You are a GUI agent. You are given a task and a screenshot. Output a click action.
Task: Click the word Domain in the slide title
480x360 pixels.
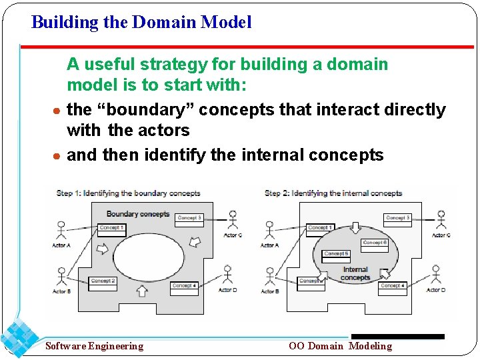[164, 22]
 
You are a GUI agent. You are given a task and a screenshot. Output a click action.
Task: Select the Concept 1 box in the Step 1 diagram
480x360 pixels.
[112, 227]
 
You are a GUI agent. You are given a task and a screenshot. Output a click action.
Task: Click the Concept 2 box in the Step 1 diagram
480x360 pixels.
[103, 281]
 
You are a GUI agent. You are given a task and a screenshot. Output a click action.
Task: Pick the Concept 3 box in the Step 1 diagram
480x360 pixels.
[189, 217]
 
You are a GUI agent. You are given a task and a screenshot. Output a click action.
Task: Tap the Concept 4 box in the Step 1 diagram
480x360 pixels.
[184, 285]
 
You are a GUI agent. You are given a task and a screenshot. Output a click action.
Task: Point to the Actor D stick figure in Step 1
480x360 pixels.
[228, 275]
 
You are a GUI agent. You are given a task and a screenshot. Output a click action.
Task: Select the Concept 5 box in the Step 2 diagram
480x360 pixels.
[336, 254]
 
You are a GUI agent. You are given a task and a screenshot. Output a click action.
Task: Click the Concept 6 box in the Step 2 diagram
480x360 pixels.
[375, 243]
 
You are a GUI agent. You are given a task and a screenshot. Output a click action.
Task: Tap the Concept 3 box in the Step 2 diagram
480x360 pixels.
[398, 217]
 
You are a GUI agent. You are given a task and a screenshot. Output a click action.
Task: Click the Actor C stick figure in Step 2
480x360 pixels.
[440, 221]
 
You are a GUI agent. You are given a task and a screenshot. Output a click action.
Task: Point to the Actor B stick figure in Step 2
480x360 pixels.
[270, 277]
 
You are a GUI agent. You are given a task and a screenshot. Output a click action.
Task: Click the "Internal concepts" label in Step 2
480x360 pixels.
[355, 273]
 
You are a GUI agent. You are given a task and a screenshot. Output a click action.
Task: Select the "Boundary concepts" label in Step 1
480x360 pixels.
[138, 213]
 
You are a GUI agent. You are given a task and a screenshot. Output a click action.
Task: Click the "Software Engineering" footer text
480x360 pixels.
[94, 346]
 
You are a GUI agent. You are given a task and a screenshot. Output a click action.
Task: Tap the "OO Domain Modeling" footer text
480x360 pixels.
[340, 346]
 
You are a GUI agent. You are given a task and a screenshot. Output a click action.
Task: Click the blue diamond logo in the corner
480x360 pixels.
[19, 337]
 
